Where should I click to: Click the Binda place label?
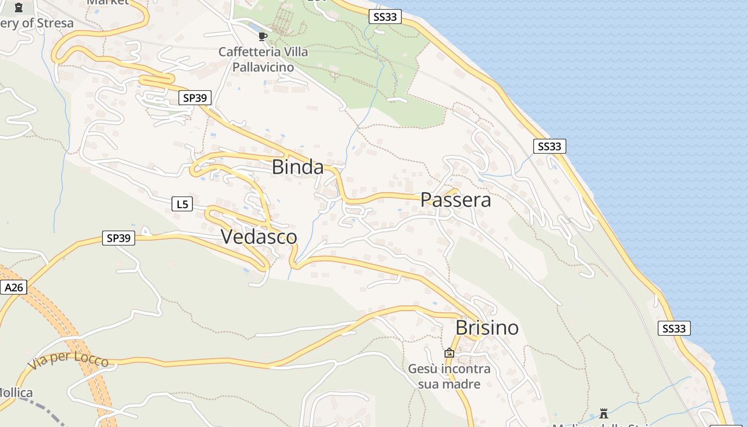[x=298, y=167]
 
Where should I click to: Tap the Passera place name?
[x=456, y=200]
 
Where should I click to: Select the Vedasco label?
[x=259, y=236]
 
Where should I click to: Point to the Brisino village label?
[x=487, y=327]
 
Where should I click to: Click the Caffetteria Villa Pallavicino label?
[x=263, y=59]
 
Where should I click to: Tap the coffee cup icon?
[x=262, y=36]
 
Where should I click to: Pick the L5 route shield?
[x=182, y=204]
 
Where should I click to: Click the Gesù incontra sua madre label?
[x=449, y=376]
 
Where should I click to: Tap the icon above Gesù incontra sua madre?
[x=449, y=353]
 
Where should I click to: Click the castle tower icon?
[x=604, y=413]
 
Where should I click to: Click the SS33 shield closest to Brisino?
[x=674, y=328]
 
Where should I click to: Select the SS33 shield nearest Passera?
[x=549, y=146]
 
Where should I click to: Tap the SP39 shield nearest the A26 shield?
[x=119, y=238]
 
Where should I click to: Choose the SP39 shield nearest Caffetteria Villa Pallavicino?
[x=195, y=98]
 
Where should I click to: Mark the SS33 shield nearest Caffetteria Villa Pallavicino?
[x=385, y=17]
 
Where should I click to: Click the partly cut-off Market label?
[x=108, y=2]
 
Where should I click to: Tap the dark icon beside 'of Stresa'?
[x=19, y=7]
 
